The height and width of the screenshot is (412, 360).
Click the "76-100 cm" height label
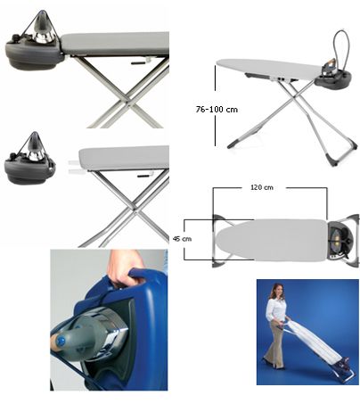(217, 110)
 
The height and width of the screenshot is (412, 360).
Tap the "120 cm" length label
(262, 187)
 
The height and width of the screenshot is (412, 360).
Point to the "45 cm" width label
(182, 239)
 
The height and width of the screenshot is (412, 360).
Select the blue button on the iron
(61, 341)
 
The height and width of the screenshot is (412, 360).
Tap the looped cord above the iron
(342, 47)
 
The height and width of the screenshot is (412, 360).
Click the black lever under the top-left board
(138, 63)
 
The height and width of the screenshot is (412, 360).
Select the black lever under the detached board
(144, 176)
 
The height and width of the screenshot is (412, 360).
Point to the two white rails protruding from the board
(74, 168)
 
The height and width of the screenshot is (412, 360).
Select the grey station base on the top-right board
(333, 79)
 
